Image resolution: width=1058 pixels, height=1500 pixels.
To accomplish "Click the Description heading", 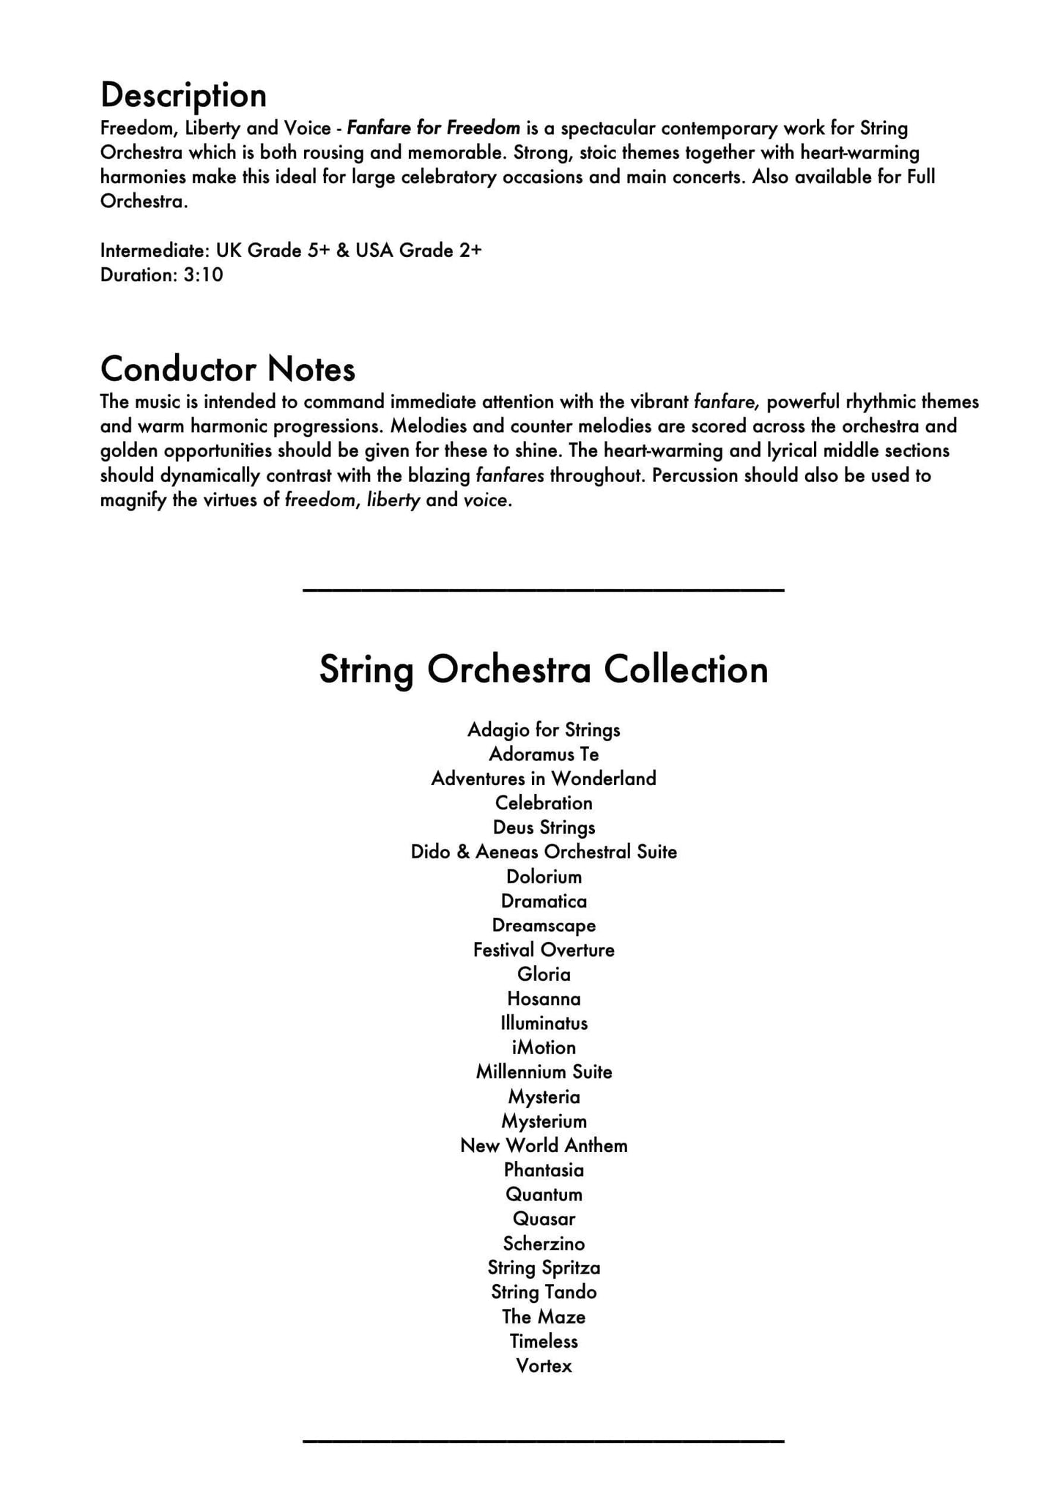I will tap(183, 96).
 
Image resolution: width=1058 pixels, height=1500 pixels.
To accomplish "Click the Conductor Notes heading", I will tap(227, 369).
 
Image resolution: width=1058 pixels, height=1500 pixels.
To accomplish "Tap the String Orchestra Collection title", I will tap(543, 669).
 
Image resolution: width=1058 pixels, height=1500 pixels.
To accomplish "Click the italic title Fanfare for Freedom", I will tap(433, 129).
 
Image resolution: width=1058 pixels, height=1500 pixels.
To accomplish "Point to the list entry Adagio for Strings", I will tap(543, 730).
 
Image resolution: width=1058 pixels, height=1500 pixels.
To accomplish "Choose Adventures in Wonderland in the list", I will tap(543, 779).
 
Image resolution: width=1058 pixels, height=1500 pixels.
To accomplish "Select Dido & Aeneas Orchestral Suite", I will tap(543, 853).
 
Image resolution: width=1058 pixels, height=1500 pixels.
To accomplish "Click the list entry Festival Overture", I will tap(543, 951).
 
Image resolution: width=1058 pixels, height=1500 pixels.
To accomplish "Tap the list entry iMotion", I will tap(543, 1048).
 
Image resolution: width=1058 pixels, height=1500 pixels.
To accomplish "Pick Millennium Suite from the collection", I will tap(543, 1072).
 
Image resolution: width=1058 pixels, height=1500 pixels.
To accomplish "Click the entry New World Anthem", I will tap(543, 1146).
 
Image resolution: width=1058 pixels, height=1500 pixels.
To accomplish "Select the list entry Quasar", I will tap(543, 1219).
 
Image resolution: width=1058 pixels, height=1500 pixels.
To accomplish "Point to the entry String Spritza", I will tap(543, 1268).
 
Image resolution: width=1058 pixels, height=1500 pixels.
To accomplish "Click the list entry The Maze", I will tap(543, 1317).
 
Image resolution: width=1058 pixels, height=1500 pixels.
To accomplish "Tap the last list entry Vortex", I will tap(543, 1366).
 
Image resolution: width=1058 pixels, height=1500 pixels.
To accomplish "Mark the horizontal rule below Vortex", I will tap(543, 1441).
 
